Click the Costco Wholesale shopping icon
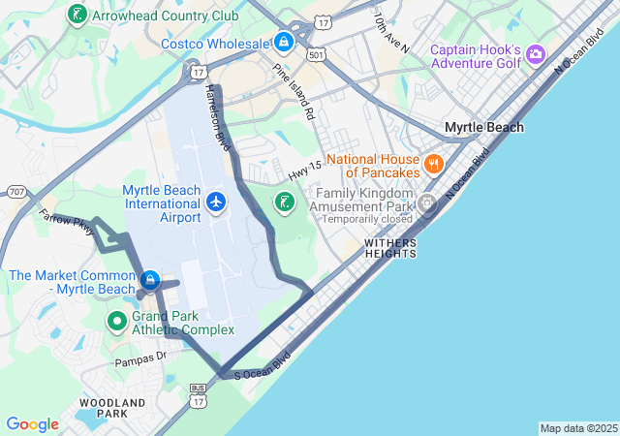[284, 43]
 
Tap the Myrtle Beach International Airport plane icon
[216, 202]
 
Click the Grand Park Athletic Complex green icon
[117, 320]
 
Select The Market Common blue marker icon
[150, 281]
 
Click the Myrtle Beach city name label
[483, 127]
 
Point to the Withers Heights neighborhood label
[390, 247]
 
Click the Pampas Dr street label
[141, 358]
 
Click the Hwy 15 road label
[304, 171]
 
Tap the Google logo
[33, 424]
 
